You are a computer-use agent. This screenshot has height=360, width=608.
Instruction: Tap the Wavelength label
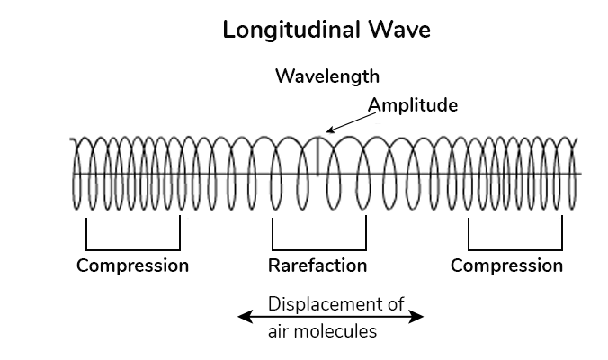327,75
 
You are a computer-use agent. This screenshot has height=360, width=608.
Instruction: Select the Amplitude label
413,105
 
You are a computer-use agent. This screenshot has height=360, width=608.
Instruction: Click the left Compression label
132,265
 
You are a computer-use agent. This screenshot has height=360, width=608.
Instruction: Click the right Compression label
506,265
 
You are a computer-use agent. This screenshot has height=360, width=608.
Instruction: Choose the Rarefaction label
317,265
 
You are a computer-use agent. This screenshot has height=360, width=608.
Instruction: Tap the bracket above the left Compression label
133,247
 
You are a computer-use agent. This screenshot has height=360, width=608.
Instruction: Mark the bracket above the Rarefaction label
319,247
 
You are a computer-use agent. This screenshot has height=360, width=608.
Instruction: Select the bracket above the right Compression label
515,247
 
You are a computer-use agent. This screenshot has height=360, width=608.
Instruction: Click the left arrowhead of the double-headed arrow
242,316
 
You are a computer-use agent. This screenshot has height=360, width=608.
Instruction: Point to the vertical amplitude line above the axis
318,154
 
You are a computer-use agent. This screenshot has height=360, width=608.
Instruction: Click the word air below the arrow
280,330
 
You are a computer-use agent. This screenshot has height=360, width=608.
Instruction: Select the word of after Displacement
395,303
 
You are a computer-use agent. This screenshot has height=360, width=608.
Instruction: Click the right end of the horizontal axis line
579,174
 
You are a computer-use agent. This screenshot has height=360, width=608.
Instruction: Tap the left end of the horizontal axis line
72,174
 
